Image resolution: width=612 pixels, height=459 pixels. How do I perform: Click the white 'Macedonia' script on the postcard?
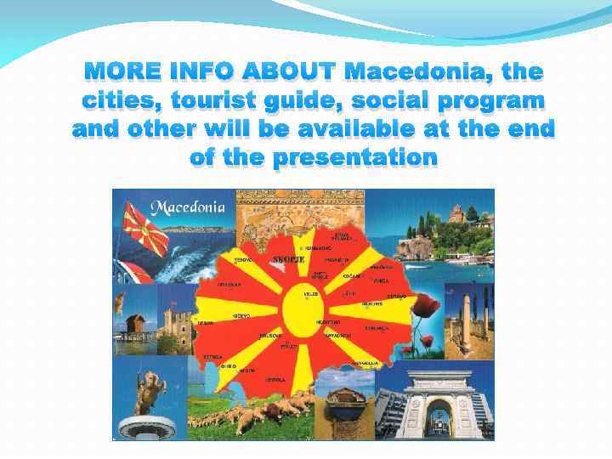(188, 207)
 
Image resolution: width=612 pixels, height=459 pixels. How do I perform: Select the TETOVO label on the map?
(244, 259)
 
